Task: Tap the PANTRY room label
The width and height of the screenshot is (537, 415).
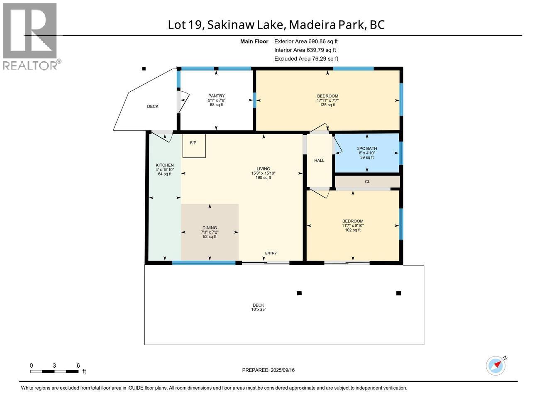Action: tap(216, 96)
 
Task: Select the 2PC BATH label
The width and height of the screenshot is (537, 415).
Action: tap(367, 148)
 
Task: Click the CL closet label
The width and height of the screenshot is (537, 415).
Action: tap(367, 182)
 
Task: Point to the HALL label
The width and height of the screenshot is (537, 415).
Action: tap(319, 161)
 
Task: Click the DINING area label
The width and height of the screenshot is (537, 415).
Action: tap(210, 228)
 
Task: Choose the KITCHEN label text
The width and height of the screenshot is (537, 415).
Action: tap(164, 165)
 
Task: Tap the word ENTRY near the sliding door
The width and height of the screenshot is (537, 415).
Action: tap(271, 253)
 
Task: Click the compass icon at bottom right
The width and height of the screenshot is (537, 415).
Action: tap(496, 366)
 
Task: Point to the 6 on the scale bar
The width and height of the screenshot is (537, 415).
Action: tap(78, 365)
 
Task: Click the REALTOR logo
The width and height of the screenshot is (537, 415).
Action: tap(30, 37)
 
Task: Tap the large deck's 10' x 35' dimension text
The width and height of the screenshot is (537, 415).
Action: tap(259, 310)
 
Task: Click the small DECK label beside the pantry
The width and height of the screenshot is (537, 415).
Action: tap(153, 107)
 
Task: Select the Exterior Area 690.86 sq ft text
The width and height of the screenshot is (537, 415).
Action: tap(306, 41)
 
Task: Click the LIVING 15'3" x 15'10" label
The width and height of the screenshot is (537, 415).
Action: tap(263, 173)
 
